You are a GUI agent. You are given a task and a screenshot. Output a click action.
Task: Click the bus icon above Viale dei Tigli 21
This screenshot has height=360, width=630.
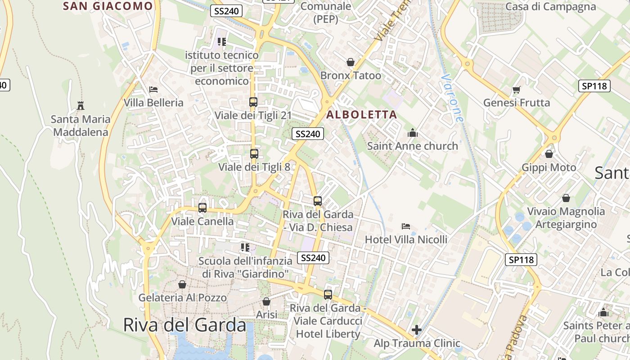253,102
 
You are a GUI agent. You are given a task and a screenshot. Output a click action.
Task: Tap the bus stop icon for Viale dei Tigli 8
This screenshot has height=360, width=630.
254,154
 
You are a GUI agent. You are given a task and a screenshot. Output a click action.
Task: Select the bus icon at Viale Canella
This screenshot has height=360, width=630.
202,208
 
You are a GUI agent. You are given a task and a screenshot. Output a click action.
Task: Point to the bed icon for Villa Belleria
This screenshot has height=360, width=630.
153,90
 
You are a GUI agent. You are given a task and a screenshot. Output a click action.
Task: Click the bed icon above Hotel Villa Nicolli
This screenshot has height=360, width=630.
406,226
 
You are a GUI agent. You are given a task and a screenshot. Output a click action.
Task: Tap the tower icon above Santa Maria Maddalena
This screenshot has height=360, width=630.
81,106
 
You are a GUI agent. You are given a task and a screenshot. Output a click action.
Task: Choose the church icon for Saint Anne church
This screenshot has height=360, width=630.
412,133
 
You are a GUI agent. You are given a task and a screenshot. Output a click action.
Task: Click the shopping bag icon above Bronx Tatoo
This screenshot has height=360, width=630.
351,62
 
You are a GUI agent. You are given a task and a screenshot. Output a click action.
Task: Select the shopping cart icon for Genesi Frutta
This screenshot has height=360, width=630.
516,90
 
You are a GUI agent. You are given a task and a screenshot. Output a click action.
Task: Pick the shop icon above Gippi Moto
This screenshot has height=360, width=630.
549,154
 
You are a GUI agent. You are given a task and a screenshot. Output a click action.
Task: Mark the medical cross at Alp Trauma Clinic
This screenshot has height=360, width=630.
417,330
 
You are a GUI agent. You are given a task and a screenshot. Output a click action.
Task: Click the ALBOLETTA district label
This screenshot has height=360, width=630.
362,115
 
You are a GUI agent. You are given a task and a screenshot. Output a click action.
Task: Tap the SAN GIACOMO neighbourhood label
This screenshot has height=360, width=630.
108,6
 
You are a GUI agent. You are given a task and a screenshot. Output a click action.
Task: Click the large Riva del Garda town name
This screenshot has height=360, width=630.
184,325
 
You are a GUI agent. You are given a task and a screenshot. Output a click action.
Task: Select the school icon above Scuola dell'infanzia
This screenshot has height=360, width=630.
245,247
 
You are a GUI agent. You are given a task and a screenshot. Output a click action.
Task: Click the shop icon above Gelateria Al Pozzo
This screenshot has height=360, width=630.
182,284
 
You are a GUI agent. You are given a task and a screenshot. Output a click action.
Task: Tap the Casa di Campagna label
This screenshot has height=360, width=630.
550,7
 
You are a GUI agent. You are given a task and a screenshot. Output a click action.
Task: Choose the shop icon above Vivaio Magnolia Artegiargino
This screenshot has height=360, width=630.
566,198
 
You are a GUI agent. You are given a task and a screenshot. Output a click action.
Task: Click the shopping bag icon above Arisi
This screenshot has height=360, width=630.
266,301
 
